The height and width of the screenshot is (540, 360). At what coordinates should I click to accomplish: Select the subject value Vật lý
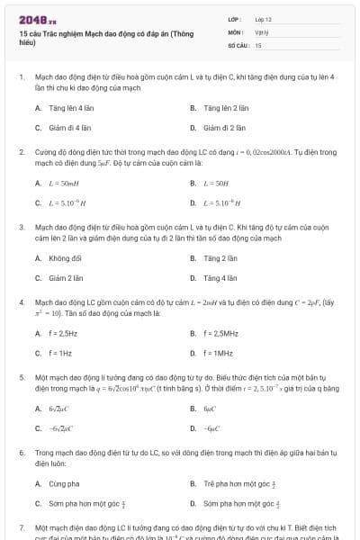(x=261, y=31)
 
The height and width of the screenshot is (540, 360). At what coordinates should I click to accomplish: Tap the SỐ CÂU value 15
(x=258, y=44)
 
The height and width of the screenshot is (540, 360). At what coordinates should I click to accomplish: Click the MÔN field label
(x=236, y=31)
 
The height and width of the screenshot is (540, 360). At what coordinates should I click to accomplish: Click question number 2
(x=22, y=153)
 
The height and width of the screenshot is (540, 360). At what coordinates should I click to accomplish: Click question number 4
(x=22, y=303)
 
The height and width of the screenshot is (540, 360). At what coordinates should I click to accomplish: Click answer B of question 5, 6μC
(x=210, y=408)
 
